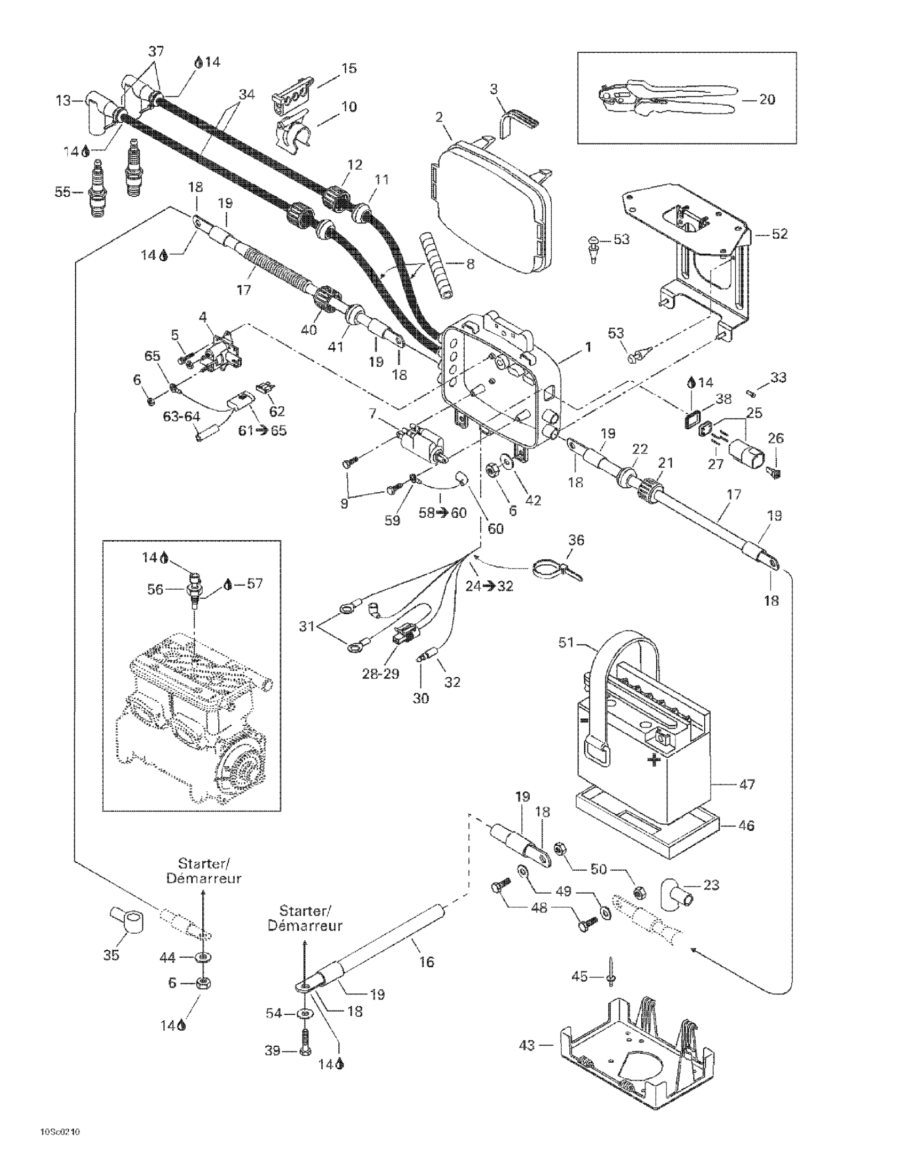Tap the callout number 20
pyautogui.click(x=767, y=100)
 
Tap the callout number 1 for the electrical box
pyautogui.click(x=588, y=347)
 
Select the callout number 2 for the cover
pyautogui.click(x=439, y=117)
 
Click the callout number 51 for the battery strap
pyautogui.click(x=566, y=643)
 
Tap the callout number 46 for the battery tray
pyautogui.click(x=746, y=825)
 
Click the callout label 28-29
pyautogui.click(x=381, y=674)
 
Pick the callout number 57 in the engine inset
pyautogui.click(x=255, y=583)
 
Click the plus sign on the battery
pyautogui.click(x=653, y=760)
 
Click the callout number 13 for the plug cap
pyautogui.click(x=63, y=101)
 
